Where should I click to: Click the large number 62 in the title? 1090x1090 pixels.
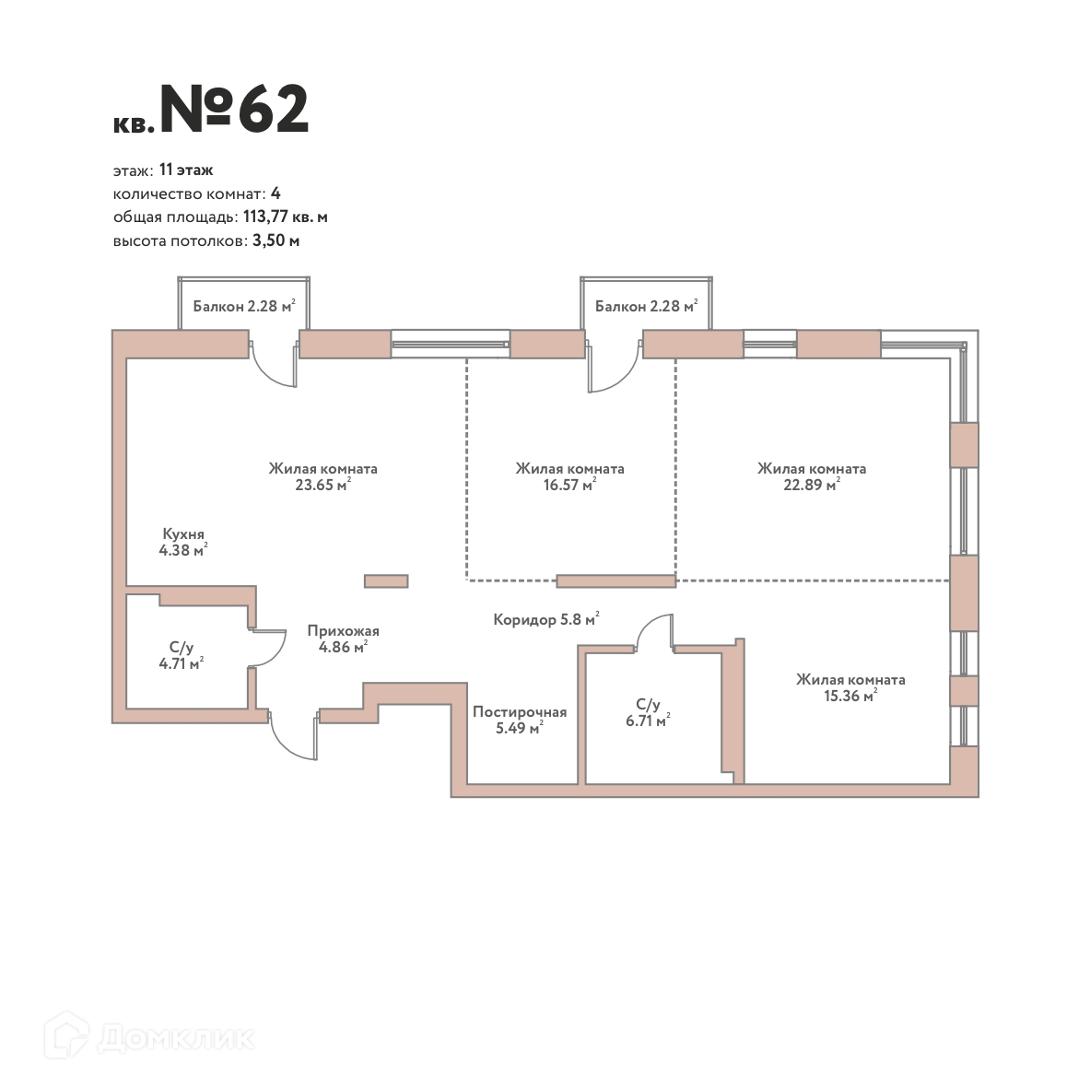pos(274,109)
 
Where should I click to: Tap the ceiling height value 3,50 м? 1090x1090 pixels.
pos(276,240)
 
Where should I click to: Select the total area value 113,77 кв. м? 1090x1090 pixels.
pos(285,217)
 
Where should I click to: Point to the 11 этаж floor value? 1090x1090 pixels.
pos(185,170)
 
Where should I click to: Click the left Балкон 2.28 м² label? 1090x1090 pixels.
pos(244,306)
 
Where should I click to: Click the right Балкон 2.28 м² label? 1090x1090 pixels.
pos(647,306)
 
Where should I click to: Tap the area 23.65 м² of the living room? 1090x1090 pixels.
pos(322,485)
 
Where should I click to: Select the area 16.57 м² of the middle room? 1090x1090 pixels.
pos(569,485)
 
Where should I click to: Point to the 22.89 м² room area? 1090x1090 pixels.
pos(811,485)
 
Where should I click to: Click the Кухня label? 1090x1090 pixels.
pos(183,533)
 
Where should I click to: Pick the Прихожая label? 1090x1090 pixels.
pos(344,630)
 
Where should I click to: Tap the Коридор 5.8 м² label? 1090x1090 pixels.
pos(545,618)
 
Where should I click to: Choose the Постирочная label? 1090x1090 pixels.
pos(520,712)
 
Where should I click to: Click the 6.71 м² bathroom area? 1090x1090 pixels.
pos(648,721)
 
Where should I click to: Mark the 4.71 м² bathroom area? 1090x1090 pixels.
pos(182,663)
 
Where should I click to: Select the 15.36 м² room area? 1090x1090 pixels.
pos(850,695)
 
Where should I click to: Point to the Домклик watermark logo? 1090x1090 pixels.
pos(149,1037)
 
